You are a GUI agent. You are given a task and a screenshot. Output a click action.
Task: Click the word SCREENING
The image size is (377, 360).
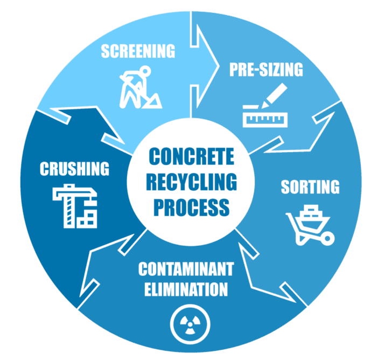(x=138, y=51)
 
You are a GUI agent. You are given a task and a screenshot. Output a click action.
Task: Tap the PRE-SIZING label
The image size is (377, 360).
(x=266, y=70)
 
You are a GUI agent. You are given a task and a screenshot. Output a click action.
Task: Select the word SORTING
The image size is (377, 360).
(x=310, y=187)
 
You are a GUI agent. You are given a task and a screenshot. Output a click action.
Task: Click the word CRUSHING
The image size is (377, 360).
(x=74, y=169)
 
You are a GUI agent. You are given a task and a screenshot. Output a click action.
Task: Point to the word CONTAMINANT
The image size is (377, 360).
(x=186, y=269)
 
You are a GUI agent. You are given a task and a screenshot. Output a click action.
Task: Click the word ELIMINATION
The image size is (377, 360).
(x=186, y=289)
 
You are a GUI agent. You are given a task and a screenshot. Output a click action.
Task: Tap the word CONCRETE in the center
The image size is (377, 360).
(x=191, y=157)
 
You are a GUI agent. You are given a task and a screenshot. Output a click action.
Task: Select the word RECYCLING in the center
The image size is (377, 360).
(x=191, y=182)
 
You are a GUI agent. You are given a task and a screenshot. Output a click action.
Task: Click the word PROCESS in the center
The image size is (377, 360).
(x=191, y=207)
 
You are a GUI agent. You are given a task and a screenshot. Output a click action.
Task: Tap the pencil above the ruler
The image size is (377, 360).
(x=274, y=95)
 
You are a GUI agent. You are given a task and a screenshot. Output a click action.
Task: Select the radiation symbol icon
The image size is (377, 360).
(x=190, y=324)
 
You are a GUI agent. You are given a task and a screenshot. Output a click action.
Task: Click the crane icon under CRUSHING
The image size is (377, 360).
(x=75, y=206)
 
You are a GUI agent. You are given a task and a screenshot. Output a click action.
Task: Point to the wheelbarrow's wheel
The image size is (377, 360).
(x=327, y=239)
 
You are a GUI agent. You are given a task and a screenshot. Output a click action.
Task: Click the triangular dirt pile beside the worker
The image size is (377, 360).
(x=153, y=101)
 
